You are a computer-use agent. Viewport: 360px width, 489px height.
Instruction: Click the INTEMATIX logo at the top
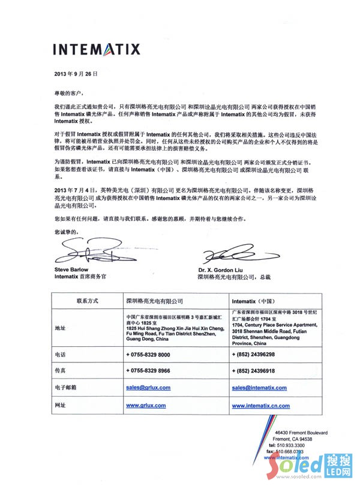tap(96, 49)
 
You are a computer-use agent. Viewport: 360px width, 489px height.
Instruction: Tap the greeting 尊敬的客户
tap(69, 94)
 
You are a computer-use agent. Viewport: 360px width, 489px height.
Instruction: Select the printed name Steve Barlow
tap(71, 270)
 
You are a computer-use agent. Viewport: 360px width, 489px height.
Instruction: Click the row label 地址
tap(60, 328)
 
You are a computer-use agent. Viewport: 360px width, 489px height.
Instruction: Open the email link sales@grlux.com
tap(148, 388)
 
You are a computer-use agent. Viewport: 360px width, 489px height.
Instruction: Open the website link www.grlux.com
tap(146, 406)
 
